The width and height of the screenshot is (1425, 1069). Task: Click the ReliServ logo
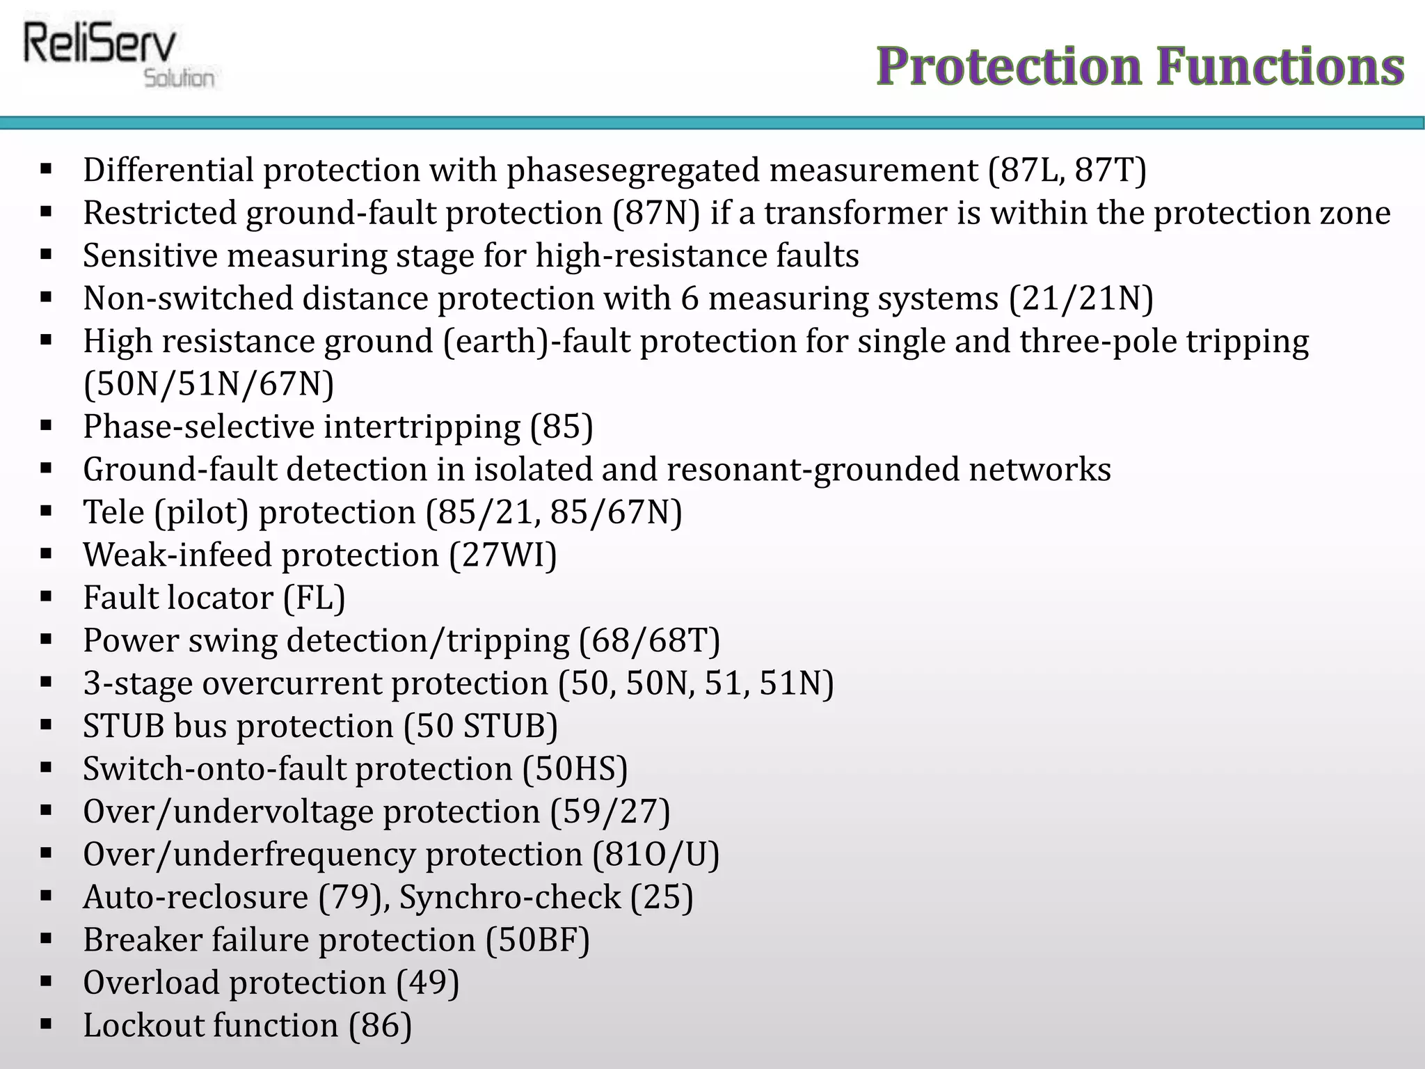118,56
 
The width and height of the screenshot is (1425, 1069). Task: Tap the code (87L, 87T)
1067,171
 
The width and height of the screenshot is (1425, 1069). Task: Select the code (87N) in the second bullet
656,213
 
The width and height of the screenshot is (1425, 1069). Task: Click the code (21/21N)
1081,299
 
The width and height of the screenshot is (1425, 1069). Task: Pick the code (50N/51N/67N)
209,384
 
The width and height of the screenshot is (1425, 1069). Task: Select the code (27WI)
503,555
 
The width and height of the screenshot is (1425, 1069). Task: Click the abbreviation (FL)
314,598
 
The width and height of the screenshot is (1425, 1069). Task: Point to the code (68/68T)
650,641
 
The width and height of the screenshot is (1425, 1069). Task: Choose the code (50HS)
575,769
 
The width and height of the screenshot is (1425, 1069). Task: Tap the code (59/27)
610,812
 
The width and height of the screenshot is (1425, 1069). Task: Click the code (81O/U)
655,855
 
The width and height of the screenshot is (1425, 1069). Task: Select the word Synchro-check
509,898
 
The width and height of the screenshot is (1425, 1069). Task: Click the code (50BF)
538,940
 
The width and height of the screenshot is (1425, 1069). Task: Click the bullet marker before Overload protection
47,981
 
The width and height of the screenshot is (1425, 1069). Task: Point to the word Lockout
143,1026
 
